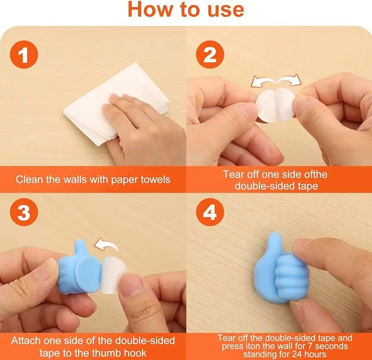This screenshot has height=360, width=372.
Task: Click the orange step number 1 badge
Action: click(x=24, y=54)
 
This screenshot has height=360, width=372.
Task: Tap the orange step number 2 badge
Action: click(x=210, y=54)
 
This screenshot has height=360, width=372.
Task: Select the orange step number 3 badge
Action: click(x=24, y=212)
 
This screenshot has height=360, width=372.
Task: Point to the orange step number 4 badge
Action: click(x=210, y=212)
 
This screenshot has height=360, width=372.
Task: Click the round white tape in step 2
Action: click(x=275, y=105)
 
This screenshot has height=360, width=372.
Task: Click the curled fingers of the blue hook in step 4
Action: click(x=291, y=278)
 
